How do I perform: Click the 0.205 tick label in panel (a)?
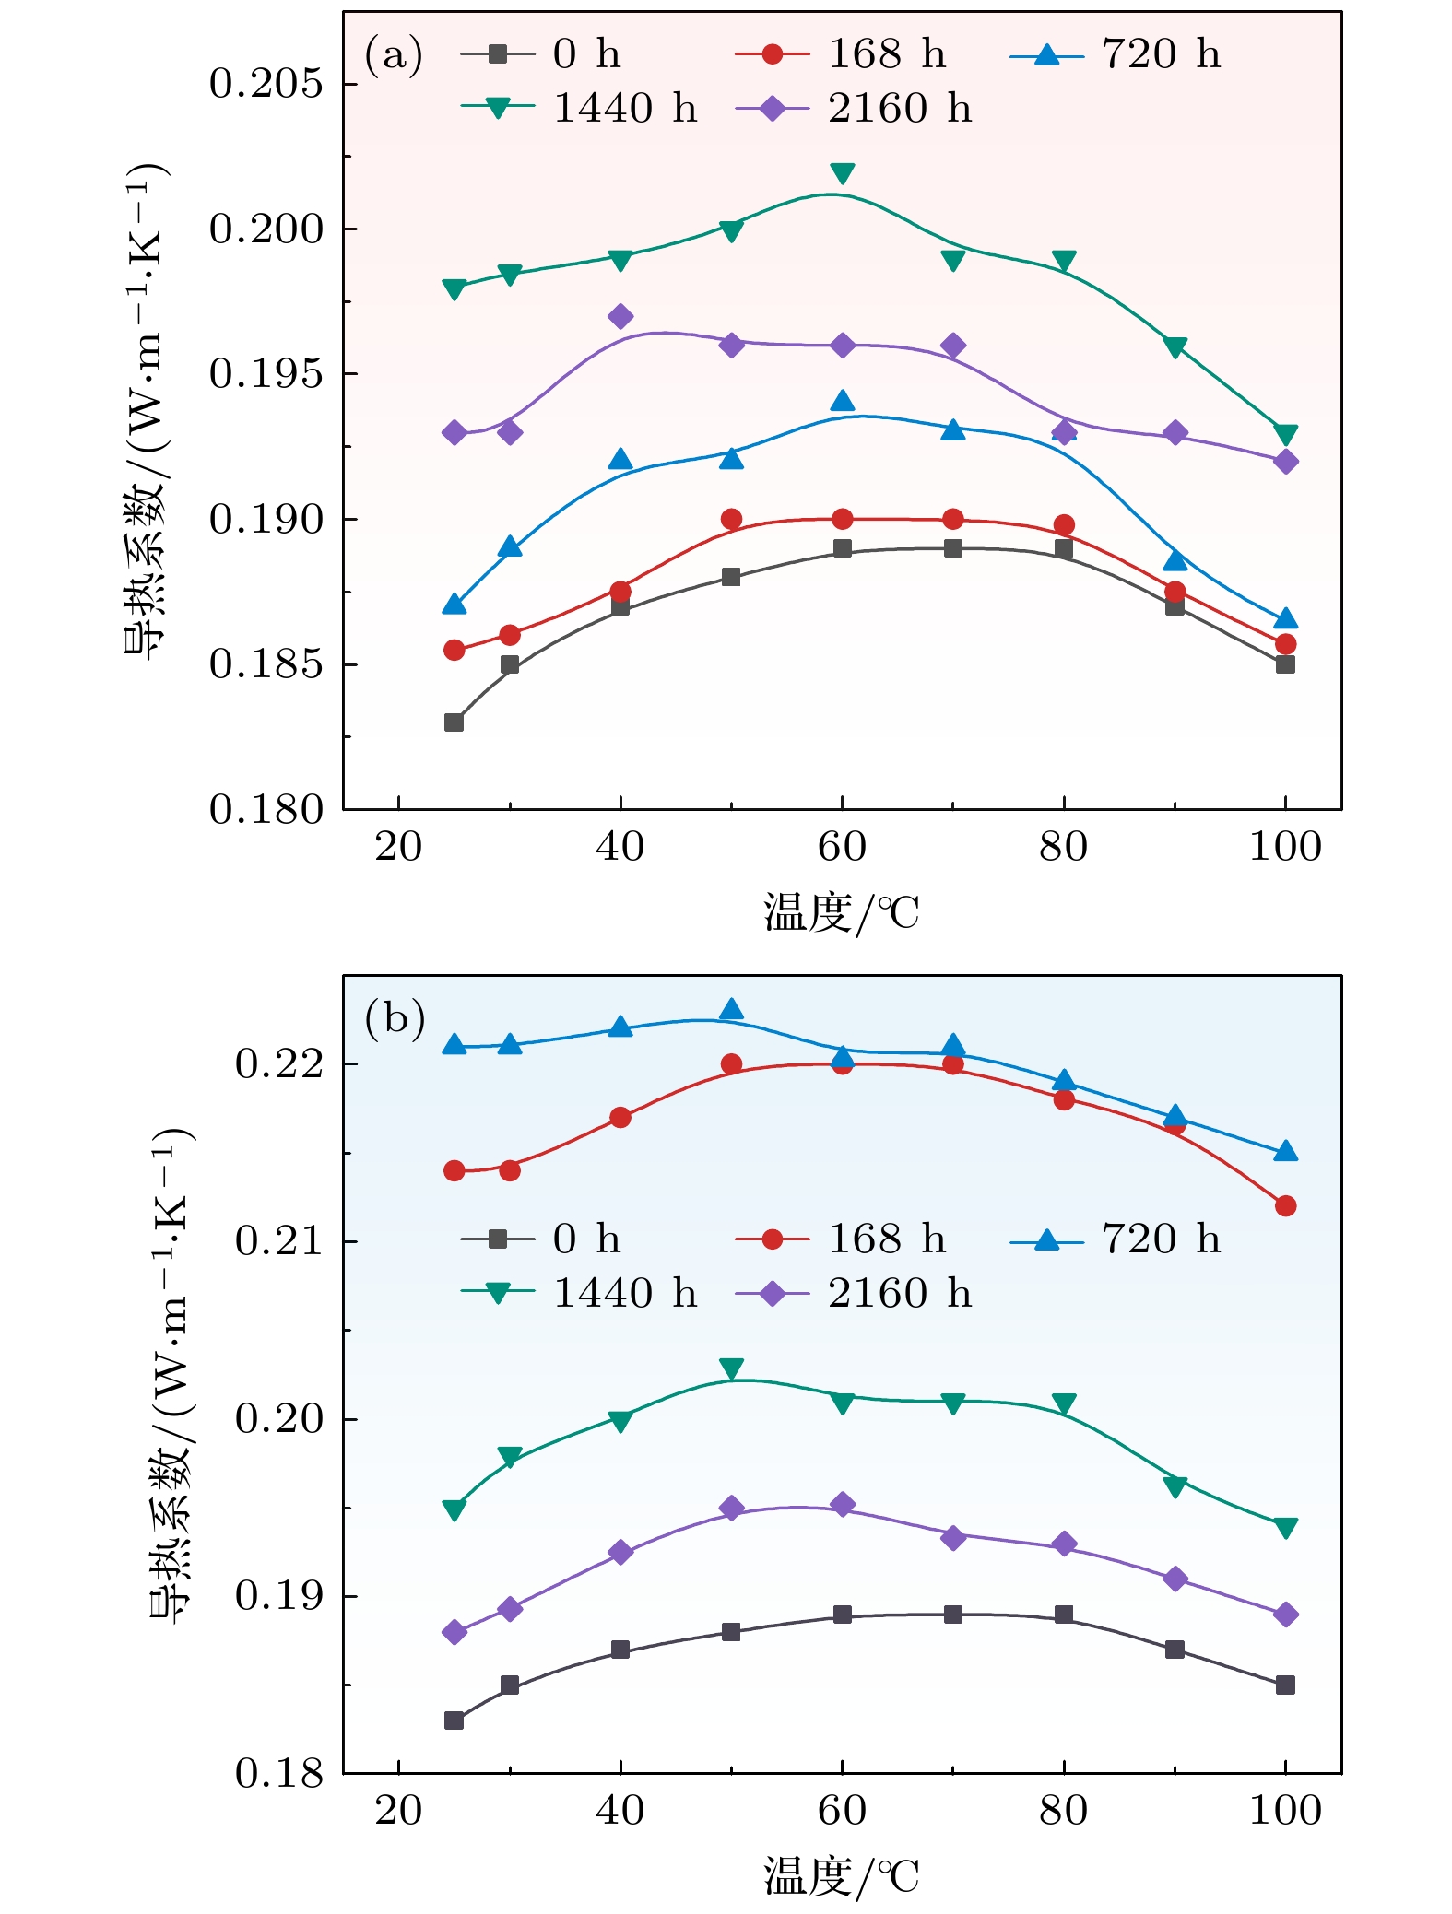(266, 84)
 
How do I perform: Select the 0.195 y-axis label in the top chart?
(266, 374)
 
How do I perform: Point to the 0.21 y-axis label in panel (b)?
(278, 1241)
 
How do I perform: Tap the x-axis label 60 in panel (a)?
(842, 847)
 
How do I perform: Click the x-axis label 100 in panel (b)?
(1284, 1811)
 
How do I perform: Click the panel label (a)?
(394, 55)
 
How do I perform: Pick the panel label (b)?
(395, 1018)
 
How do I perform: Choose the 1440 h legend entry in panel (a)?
(581, 109)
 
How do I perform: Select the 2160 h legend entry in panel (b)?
(856, 1294)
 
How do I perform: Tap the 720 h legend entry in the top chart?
(1116, 54)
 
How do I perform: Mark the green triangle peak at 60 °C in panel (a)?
(842, 173)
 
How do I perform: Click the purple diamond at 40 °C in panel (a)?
(620, 317)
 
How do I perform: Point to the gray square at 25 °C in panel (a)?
(454, 722)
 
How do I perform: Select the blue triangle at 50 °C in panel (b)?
(731, 1010)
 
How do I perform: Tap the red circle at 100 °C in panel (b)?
(1285, 1206)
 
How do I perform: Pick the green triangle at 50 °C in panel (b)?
(731, 1369)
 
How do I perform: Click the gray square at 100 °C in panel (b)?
(1285, 1685)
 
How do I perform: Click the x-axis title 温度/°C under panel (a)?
(841, 913)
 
